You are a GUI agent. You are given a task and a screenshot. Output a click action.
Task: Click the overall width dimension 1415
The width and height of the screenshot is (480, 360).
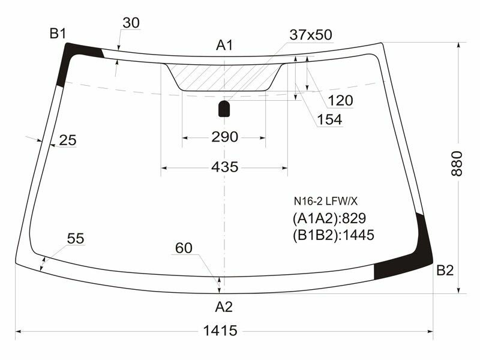220,330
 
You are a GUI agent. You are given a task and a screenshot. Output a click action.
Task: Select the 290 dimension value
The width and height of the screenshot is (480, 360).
224,137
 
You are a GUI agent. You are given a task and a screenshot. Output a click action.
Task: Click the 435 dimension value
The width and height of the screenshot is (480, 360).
224,167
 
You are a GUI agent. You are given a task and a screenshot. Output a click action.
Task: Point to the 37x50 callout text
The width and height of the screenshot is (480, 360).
310,35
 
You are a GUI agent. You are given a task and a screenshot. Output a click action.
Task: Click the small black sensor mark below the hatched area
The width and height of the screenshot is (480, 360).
224,109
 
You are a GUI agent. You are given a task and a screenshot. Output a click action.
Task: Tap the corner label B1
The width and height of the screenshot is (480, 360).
58,34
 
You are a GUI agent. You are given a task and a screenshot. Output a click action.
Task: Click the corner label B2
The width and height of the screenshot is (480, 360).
445,271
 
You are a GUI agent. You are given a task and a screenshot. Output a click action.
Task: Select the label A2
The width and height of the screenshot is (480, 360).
224,307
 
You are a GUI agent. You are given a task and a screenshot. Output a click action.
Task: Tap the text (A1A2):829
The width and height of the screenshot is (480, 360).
329,218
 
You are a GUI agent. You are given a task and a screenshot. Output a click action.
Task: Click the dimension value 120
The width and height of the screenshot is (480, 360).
340,100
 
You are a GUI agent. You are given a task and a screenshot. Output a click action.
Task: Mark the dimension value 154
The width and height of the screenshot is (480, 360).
329,119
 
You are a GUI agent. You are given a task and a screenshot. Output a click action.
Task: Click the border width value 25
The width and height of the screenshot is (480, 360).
68,140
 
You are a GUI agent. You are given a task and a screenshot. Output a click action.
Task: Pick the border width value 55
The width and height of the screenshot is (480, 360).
76,238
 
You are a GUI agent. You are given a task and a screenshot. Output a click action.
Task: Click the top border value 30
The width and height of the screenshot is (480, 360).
131,23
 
